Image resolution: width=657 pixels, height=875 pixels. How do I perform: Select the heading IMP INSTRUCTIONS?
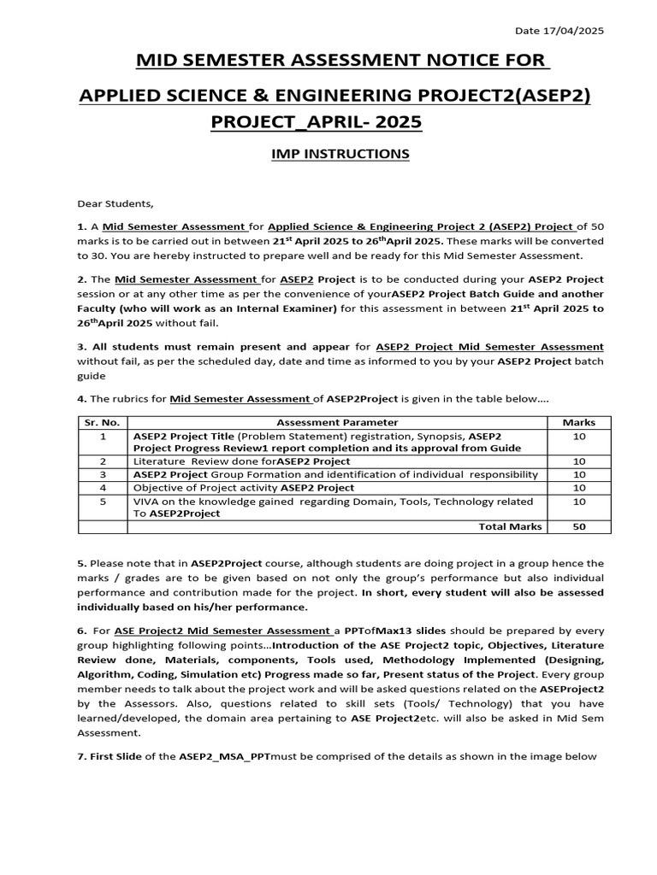click(x=328, y=154)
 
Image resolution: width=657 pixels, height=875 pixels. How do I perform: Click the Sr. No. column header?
click(x=102, y=422)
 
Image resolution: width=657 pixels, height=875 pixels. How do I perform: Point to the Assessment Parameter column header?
click(x=337, y=422)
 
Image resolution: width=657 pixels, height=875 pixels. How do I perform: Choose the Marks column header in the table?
click(x=578, y=422)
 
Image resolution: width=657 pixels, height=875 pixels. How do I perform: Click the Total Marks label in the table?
click(x=510, y=526)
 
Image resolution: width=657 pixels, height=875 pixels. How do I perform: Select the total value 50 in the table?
click(x=578, y=526)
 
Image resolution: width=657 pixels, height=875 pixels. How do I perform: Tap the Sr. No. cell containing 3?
click(x=102, y=474)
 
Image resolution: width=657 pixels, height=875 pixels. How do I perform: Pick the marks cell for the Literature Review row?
click(x=578, y=461)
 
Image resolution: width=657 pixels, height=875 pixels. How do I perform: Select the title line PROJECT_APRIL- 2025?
click(x=317, y=122)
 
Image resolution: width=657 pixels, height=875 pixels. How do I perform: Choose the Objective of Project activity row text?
click(x=243, y=487)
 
